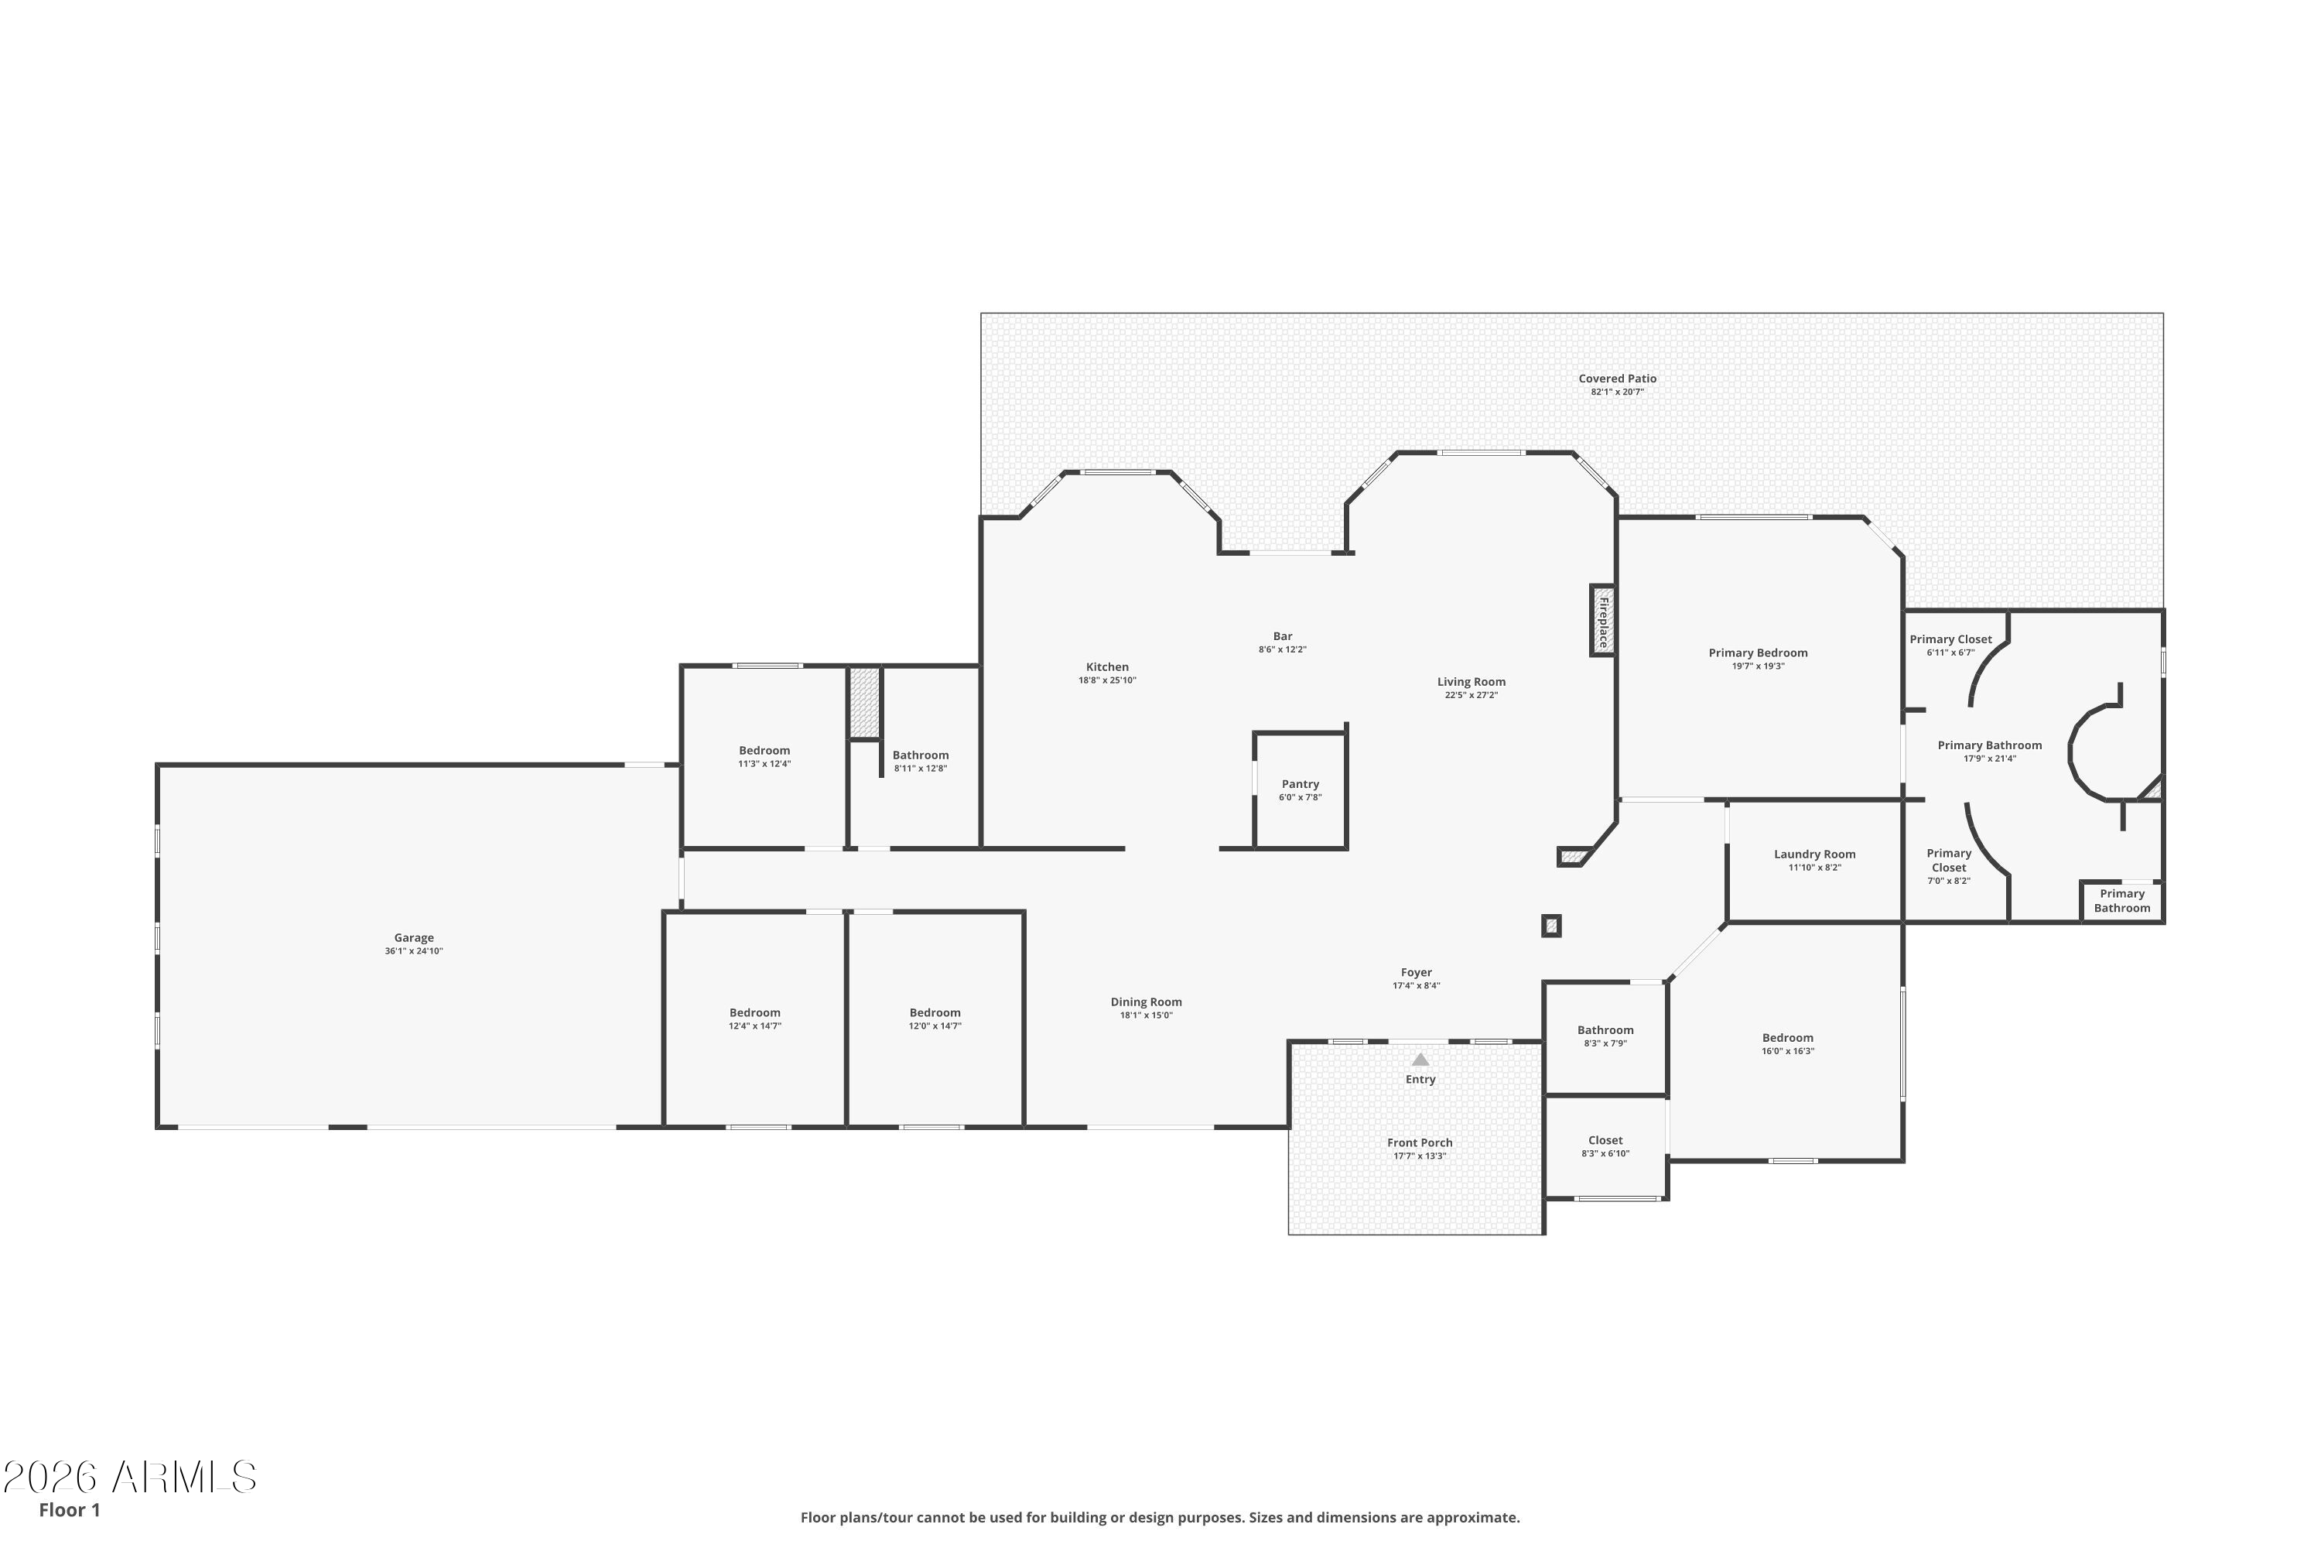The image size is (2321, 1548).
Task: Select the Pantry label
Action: click(1300, 784)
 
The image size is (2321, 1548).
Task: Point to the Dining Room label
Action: click(1146, 1002)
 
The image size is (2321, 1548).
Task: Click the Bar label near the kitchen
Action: click(1282, 637)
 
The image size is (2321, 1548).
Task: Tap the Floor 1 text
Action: click(69, 1509)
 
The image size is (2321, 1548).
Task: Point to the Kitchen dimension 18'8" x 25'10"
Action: click(1107, 680)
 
